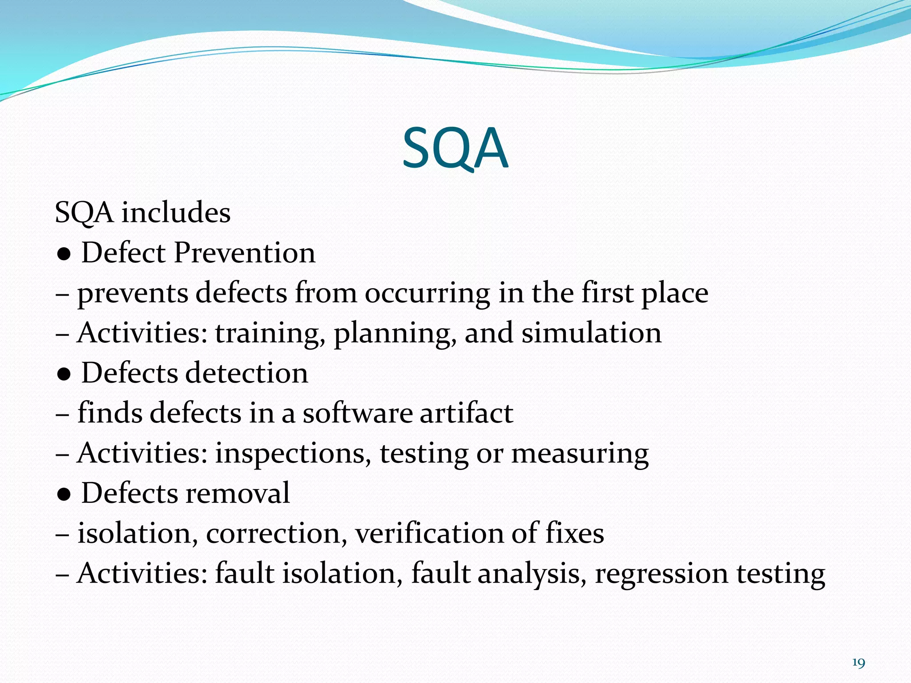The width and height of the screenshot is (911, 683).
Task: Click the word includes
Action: tap(176, 213)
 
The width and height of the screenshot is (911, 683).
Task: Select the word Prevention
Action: tap(245, 253)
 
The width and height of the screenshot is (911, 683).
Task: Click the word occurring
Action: tap(427, 294)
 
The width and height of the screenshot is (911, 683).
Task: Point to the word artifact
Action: tap(466, 413)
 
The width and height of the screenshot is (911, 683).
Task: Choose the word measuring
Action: tap(580, 454)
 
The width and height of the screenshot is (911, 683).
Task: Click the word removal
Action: tap(238, 493)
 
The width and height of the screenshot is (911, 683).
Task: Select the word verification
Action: tap(429, 533)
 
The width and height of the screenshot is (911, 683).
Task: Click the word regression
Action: tap(661, 574)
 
